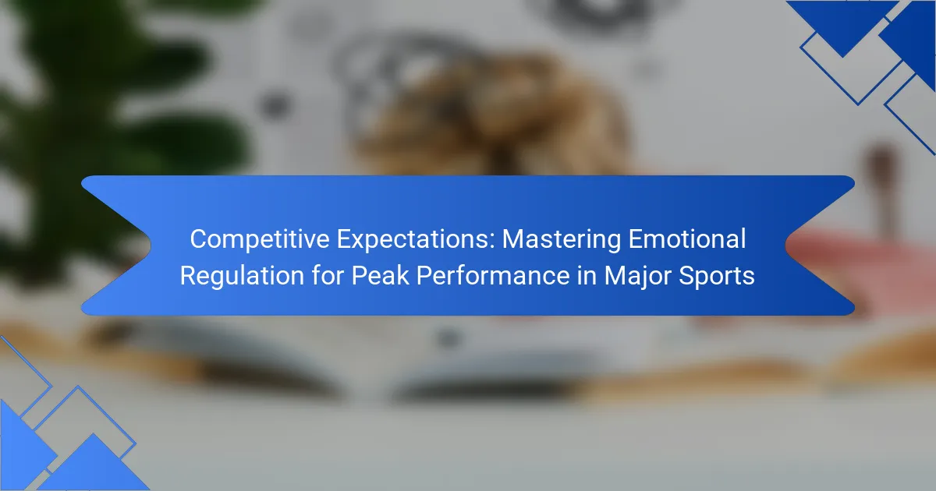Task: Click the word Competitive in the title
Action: [260, 239]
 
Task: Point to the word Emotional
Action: [687, 238]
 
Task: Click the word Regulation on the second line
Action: [242, 276]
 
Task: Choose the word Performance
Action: [493, 276]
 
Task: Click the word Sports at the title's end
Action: [716, 277]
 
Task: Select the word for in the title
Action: [328, 276]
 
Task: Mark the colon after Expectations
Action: [492, 242]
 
